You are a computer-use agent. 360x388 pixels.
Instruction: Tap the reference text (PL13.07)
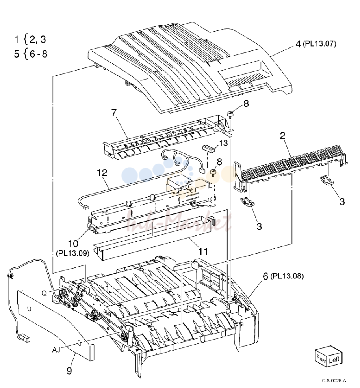pyautogui.click(x=319, y=44)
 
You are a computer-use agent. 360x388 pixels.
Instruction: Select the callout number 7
pyautogui.click(x=114, y=113)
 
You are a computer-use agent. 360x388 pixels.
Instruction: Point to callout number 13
pyautogui.click(x=223, y=143)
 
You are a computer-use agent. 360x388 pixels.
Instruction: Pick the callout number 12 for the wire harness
pyautogui.click(x=102, y=172)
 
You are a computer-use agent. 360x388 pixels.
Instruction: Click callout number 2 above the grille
pyautogui.click(x=282, y=135)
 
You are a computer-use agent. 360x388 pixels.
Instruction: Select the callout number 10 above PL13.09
pyautogui.click(x=73, y=244)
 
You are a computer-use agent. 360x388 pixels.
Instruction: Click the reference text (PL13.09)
pyautogui.click(x=72, y=254)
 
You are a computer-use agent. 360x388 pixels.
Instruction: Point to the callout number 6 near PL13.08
pyautogui.click(x=265, y=276)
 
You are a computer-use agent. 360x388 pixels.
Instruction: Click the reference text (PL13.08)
pyautogui.click(x=287, y=276)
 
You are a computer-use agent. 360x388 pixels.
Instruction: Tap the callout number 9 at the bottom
pyautogui.click(x=69, y=371)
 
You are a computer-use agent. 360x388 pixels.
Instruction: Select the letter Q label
pyautogui.click(x=44, y=293)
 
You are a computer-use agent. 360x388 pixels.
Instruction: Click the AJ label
pyautogui.click(x=56, y=350)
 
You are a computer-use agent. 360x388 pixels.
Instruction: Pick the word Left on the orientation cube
pyautogui.click(x=334, y=360)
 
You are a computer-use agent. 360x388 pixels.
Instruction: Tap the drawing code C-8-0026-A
pyautogui.click(x=334, y=381)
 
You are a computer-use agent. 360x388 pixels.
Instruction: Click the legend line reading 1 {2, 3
pyautogui.click(x=30, y=39)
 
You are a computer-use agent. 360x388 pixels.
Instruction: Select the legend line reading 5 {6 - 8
pyautogui.click(x=31, y=54)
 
